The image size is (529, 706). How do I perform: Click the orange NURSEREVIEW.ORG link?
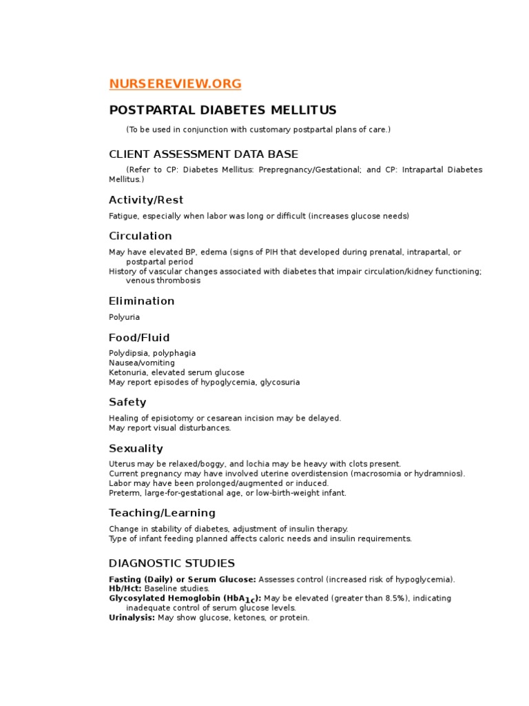coord(175,84)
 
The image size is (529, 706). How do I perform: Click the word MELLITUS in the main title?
coord(302,110)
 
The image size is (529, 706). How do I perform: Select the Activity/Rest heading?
coord(146,200)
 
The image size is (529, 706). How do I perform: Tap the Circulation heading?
coord(141,236)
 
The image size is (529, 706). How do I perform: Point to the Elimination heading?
coord(142,301)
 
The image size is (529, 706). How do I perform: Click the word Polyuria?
coord(124,317)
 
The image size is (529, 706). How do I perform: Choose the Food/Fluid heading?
coord(139,338)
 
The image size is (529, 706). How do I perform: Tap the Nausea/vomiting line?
coord(142,363)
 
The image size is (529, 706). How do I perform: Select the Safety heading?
coord(127,402)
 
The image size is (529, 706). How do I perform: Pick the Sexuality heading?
coord(136,448)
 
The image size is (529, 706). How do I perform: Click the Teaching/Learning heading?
coord(162,513)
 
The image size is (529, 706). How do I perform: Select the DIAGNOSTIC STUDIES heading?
coord(172,563)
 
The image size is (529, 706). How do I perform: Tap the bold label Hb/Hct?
coord(125,589)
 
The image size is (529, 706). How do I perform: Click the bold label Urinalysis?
coord(132,618)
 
